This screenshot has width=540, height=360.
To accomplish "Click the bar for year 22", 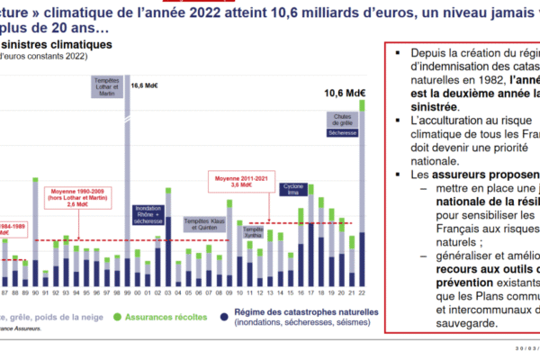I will (362, 198).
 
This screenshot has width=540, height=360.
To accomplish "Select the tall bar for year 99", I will (126, 180).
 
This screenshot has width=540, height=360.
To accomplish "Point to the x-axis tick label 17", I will (310, 293).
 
